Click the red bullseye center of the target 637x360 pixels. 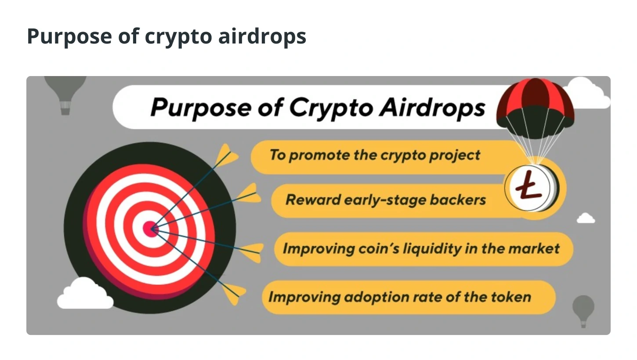coord(151,229)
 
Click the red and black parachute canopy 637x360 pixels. coord(535,108)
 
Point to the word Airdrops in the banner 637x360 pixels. coord(432,108)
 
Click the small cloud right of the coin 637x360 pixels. coord(586,218)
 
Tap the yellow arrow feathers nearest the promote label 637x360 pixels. coord(226,155)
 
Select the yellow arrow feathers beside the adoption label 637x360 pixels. coord(234,293)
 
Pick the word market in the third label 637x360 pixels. coord(534,248)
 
